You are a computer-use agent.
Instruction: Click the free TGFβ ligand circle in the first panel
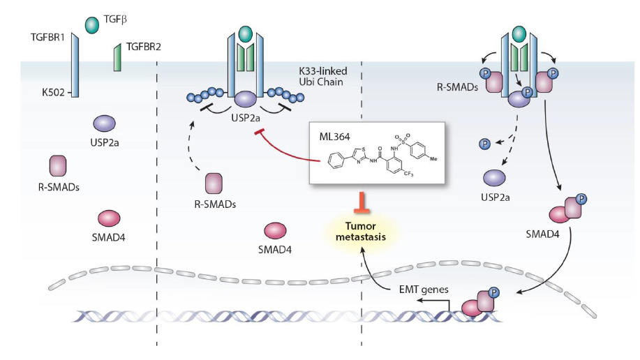91,25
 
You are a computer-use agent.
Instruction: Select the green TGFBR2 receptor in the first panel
117,58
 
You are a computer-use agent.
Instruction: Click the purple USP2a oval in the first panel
104,123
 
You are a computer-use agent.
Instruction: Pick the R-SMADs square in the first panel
58,166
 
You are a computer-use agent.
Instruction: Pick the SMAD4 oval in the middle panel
275,231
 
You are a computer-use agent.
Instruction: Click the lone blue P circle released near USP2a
483,143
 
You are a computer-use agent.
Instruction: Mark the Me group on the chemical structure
434,158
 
